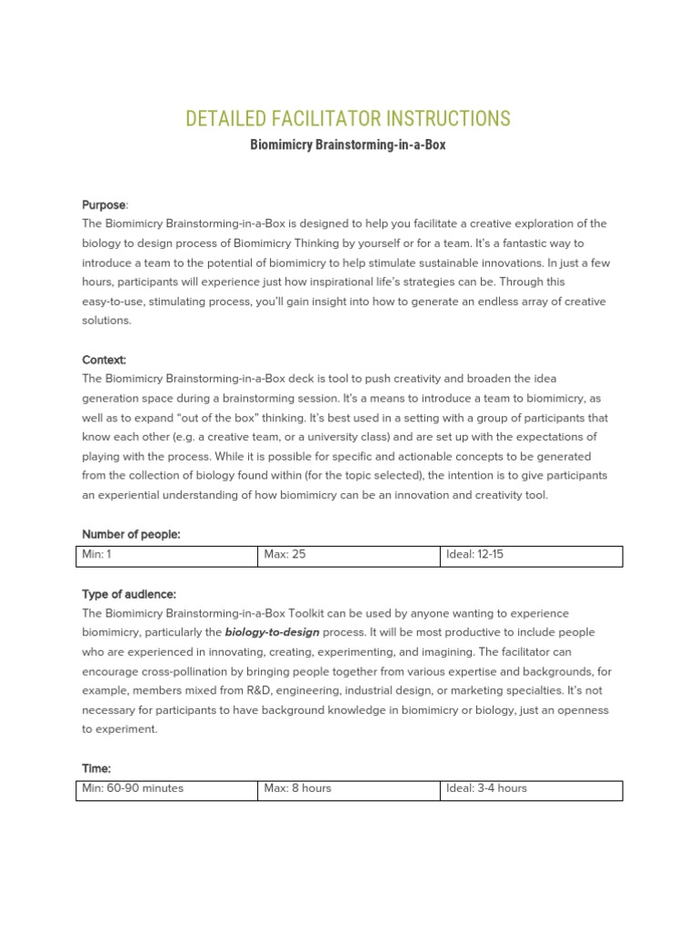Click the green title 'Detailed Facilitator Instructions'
[x=348, y=119]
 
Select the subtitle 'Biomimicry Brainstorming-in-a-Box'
[x=348, y=145]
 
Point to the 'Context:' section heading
[x=105, y=360]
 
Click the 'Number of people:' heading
[x=131, y=535]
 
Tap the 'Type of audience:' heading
[x=129, y=594]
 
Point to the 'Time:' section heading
[x=96, y=768]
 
